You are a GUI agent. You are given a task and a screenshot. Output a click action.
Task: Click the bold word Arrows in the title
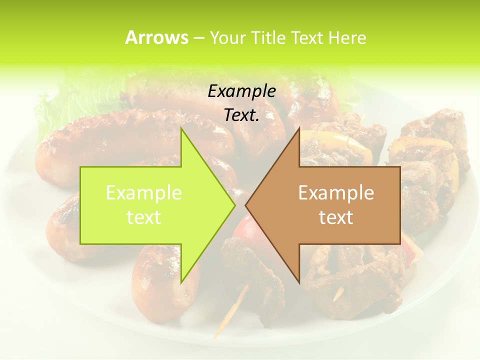156,37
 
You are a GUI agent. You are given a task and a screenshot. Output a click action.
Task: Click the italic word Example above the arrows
241,91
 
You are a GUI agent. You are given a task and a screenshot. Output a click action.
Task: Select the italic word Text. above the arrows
241,115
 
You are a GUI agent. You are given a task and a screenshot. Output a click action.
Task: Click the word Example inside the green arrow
144,192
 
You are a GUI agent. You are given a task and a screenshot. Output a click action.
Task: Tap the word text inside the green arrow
144,217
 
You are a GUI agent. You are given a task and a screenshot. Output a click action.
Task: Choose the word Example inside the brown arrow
336,192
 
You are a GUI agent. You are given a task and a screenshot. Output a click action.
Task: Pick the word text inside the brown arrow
336,217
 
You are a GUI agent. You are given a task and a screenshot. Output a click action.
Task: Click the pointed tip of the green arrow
234,205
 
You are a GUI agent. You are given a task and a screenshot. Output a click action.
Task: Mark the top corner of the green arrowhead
181,128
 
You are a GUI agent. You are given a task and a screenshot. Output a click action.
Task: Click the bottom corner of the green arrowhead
181,282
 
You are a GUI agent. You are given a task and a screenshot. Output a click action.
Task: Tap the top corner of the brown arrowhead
299,128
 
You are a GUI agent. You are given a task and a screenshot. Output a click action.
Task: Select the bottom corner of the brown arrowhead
299,282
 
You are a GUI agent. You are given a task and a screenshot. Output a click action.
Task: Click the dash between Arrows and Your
198,38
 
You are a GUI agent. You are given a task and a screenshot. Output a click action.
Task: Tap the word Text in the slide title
306,37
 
